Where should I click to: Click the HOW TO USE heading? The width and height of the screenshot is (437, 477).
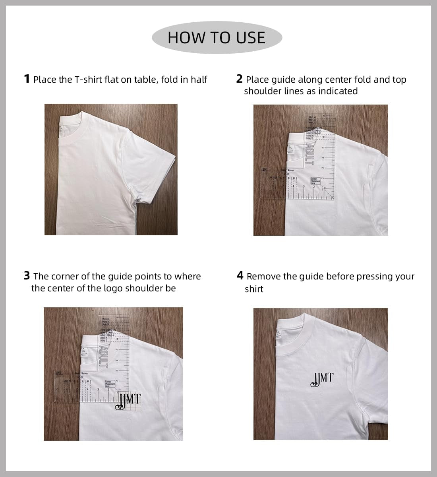tap(217, 37)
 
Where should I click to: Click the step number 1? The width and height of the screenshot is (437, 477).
tap(27, 79)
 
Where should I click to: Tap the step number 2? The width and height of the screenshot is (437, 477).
tap(239, 79)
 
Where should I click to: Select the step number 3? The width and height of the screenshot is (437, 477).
tap(27, 275)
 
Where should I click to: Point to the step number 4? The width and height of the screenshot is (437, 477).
tap(240, 275)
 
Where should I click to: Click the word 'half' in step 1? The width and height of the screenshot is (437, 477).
tap(199, 79)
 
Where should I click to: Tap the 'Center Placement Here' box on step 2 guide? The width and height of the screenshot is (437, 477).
tap(315, 181)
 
